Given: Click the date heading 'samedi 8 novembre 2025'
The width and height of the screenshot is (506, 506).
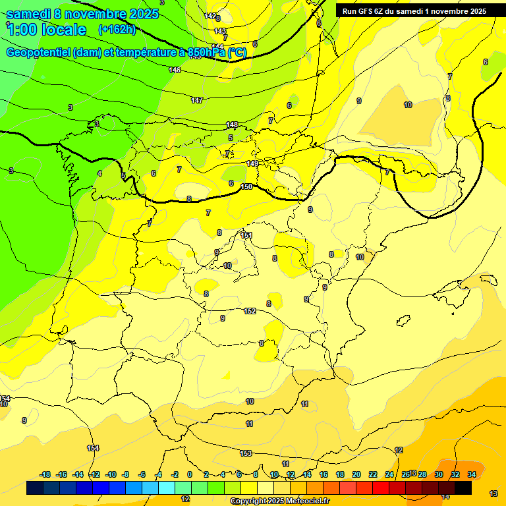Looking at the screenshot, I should coord(82,14).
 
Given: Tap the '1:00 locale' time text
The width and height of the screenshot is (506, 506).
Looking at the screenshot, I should coord(46,30).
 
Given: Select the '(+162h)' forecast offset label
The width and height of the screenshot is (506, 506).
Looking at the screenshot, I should coord(117,30).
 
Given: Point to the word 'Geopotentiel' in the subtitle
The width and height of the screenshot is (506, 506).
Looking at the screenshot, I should coord(40,53).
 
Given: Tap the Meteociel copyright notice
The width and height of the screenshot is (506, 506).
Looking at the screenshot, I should coord(280,501).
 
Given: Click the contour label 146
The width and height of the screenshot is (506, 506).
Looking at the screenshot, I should coord(175,70).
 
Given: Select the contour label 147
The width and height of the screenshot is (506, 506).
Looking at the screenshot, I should coord(197,100).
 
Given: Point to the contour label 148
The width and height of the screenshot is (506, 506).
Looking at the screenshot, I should coord(232,125).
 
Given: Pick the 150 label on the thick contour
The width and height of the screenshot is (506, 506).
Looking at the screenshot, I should coord(246,186).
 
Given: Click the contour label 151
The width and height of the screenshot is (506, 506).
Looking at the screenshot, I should coord(246,235).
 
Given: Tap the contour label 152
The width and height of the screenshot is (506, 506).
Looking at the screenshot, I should coord(250,311).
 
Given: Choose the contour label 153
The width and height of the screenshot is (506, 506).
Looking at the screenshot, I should coord(246,453).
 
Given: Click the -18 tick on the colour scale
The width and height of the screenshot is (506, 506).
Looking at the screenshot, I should coord(45,474).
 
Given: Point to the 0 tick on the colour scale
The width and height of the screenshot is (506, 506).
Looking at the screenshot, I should coord(190,474).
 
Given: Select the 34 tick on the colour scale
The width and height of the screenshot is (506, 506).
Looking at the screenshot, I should coord(472,474).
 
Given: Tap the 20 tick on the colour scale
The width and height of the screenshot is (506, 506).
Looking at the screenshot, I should coord(356,474).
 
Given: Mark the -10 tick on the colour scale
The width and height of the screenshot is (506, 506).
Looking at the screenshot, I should coord(110,474).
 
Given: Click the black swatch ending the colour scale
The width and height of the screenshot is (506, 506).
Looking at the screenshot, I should coord(463,488).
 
